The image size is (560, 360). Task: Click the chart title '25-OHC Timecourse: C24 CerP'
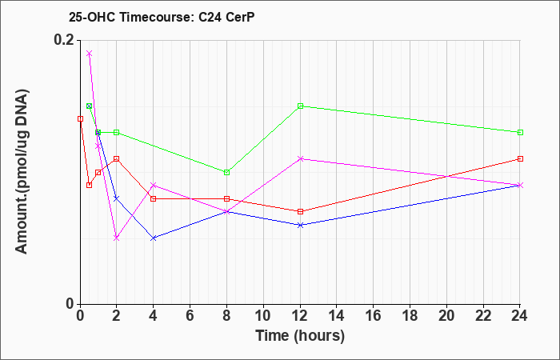pyautogui.click(x=162, y=17)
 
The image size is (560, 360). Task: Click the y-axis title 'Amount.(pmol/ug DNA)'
pyautogui.click(x=22, y=172)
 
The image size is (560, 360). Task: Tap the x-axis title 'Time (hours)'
pyautogui.click(x=300, y=336)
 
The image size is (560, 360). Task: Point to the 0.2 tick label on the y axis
pyautogui.click(x=64, y=40)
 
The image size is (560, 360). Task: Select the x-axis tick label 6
pyautogui.click(x=190, y=316)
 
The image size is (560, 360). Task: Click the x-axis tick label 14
pyautogui.click(x=337, y=316)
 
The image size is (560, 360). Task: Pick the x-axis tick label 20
pyautogui.click(x=446, y=316)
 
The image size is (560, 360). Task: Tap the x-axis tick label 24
pyautogui.click(x=520, y=316)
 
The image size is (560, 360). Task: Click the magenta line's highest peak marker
pyautogui.click(x=90, y=54)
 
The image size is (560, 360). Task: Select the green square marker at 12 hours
pyautogui.click(x=300, y=106)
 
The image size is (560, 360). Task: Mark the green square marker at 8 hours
pyautogui.click(x=226, y=173)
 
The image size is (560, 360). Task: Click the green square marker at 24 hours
pyautogui.click(x=520, y=133)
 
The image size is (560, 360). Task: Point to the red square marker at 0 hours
pyautogui.click(x=80, y=118)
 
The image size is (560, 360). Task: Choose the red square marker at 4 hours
pyautogui.click(x=154, y=198)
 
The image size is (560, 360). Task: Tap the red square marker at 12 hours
pyautogui.click(x=300, y=211)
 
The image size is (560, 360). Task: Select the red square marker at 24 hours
pyautogui.click(x=520, y=158)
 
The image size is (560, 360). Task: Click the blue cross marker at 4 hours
pyautogui.click(x=154, y=238)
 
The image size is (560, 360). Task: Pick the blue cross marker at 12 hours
pyautogui.click(x=300, y=225)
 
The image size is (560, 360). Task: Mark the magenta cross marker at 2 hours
pyautogui.click(x=117, y=238)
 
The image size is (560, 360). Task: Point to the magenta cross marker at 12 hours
pyautogui.click(x=300, y=158)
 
